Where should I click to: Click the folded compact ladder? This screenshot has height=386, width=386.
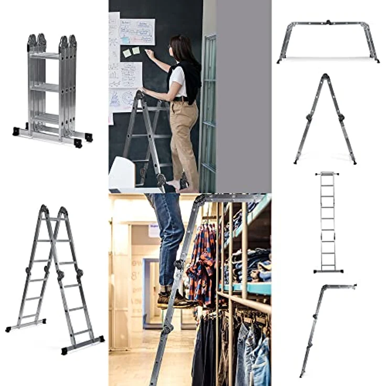point(52,89)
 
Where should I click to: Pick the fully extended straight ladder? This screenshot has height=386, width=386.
point(328,223)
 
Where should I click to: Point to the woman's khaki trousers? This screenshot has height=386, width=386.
point(184,136)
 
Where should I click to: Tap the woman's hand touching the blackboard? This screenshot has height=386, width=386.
point(149,52)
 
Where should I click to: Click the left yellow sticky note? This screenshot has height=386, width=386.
point(127,53)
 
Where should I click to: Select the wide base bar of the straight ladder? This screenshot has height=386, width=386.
point(328,271)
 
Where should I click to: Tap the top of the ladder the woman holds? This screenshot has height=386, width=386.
point(140,94)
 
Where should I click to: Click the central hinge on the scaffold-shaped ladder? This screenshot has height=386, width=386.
point(328,23)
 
